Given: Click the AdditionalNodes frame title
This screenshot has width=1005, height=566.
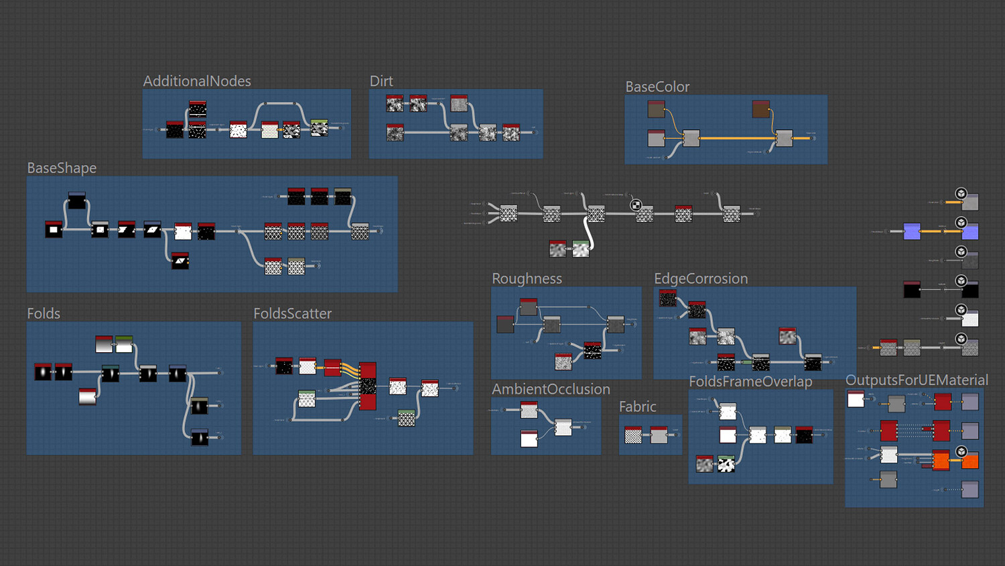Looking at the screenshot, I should (x=197, y=81).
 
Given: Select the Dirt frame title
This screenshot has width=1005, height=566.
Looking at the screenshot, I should (x=381, y=81).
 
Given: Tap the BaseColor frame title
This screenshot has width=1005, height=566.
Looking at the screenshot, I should (x=657, y=87).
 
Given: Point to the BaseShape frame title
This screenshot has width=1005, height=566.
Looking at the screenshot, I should (x=62, y=168).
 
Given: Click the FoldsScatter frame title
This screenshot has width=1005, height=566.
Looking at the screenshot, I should (x=292, y=314).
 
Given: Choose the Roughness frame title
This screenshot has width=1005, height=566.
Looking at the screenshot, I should (x=527, y=279).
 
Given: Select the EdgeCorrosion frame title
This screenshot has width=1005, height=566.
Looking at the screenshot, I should (x=701, y=279).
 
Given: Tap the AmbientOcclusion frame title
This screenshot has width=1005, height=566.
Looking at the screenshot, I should (x=551, y=390).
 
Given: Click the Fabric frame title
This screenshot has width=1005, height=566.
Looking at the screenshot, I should (x=637, y=407).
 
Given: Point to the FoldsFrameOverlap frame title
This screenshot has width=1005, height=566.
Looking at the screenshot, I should (x=750, y=382).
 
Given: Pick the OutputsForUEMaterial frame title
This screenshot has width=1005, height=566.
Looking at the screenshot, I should (x=917, y=380).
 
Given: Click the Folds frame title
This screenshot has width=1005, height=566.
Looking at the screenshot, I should (x=44, y=314).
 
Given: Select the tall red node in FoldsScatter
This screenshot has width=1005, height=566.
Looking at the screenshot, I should (x=368, y=386).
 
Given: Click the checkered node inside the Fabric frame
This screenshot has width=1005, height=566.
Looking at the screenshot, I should (x=633, y=435).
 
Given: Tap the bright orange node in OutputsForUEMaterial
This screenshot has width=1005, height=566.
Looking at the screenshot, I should (x=970, y=461).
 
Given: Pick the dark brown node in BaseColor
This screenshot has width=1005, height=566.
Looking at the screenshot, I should (x=760, y=109).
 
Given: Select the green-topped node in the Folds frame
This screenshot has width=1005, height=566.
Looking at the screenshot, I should (x=124, y=344).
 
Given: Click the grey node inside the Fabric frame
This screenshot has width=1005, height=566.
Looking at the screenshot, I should (x=659, y=435).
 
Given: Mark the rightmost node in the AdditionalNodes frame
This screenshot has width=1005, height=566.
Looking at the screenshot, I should (x=320, y=127).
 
